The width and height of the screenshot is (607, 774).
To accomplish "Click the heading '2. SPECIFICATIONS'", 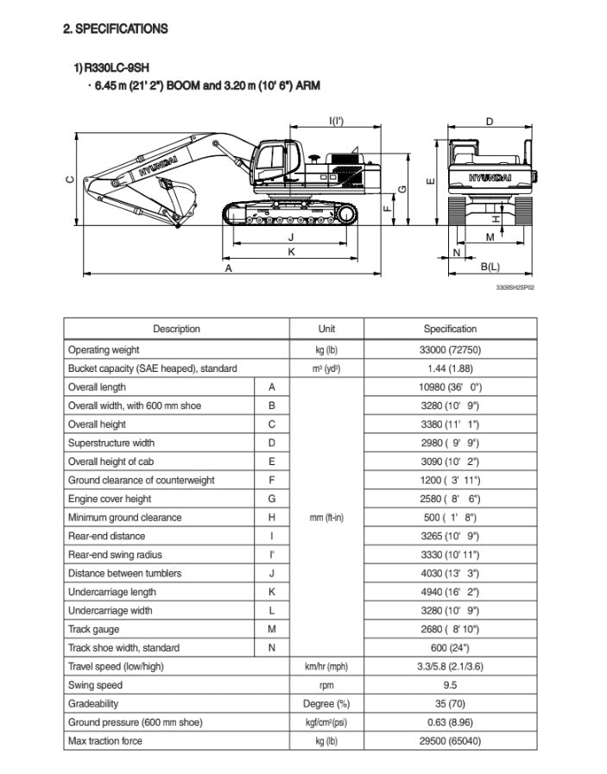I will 116,29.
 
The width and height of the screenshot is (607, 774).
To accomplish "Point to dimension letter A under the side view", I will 229,269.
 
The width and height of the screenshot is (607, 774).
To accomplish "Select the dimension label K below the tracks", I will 291,251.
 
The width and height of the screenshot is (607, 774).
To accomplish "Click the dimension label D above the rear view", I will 490,123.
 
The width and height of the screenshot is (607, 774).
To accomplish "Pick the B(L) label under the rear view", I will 490,268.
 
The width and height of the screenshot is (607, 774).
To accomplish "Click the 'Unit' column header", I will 326,329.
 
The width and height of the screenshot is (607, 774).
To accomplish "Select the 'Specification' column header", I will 450,329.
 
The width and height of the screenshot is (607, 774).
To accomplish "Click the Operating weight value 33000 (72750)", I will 450,350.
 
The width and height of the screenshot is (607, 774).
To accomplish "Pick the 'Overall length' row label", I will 97,387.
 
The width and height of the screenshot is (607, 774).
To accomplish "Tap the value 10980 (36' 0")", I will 450,387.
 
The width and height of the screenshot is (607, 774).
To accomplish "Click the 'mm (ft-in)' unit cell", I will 326,518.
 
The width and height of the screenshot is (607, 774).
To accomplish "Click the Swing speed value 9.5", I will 450,685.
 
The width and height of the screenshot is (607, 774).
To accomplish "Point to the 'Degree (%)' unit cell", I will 326,704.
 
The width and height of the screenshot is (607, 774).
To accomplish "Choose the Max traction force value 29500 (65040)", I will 450,741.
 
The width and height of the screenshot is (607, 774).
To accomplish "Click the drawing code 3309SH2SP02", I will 515,288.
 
